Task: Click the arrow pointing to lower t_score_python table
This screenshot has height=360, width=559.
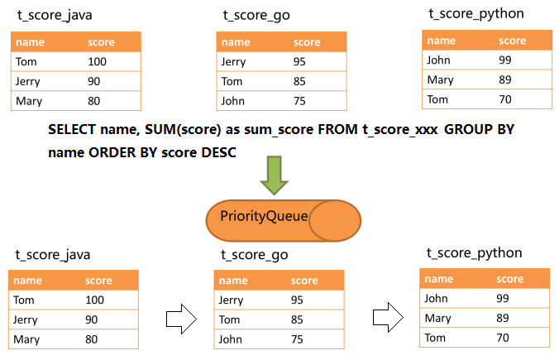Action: (386, 315)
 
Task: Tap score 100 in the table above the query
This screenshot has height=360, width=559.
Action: (98, 61)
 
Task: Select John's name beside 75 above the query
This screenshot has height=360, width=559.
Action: (232, 101)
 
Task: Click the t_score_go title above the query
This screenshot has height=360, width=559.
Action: (256, 16)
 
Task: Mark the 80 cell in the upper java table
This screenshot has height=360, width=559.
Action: (95, 101)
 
